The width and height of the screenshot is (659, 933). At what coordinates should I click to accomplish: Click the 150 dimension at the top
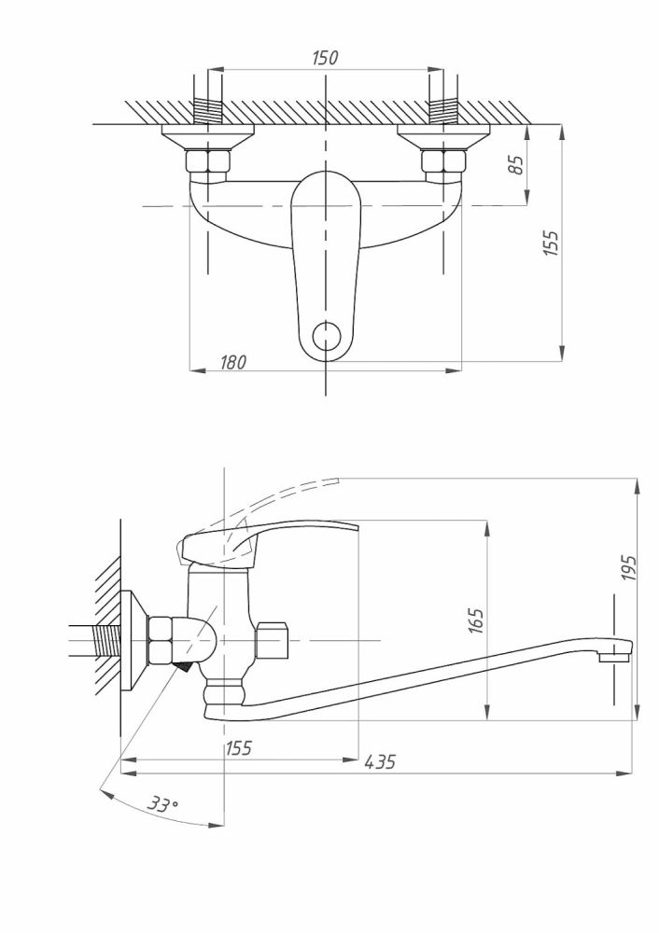[324, 58]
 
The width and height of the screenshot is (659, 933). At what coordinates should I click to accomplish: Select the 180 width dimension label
[233, 362]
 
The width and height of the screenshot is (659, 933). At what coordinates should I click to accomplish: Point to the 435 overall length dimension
[380, 762]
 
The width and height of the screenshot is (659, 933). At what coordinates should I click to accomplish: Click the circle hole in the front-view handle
[325, 336]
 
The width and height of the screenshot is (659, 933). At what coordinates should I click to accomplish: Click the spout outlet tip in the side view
[613, 657]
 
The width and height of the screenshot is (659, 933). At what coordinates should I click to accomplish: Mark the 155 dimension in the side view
[238, 747]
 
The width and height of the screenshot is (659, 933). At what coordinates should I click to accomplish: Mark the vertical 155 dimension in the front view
[551, 244]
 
